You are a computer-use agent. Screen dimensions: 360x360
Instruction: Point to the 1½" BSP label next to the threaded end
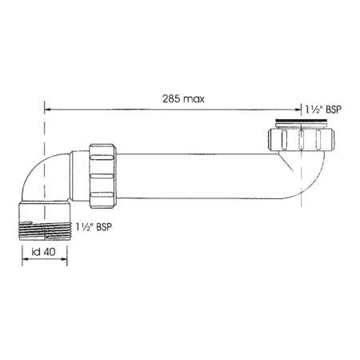coord(93,227)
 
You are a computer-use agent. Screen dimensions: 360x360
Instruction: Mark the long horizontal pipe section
coord(192,175)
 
